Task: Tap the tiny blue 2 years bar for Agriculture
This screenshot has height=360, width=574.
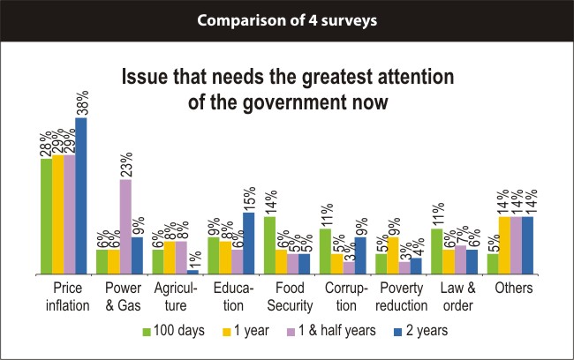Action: [x=193, y=271]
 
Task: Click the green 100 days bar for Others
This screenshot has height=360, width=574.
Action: [x=493, y=264]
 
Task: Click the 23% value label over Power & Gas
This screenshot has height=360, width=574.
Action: [x=125, y=164]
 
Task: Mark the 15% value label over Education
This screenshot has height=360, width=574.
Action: [x=248, y=197]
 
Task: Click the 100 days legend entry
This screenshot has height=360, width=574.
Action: [x=177, y=331]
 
